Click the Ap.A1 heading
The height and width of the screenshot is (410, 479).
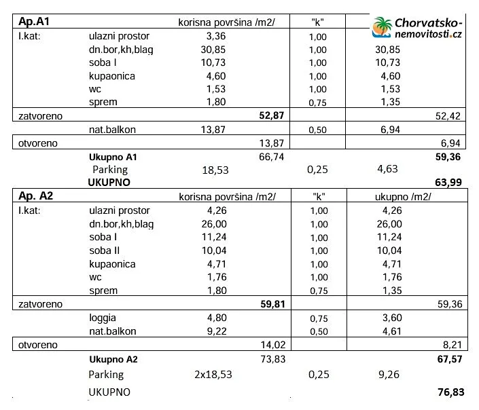point(33,22)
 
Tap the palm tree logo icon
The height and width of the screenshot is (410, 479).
point(382,27)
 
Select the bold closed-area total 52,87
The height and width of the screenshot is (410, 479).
point(272,115)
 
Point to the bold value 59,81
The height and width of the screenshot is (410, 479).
point(272,303)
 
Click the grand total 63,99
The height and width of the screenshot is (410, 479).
point(448,182)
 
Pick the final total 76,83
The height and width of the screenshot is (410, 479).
point(448,392)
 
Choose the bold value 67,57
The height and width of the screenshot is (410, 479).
point(448,358)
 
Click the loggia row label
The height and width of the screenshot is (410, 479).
point(103,317)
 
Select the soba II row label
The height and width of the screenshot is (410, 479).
point(104,250)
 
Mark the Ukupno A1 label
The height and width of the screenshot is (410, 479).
point(113,156)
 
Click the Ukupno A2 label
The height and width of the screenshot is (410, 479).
point(113,359)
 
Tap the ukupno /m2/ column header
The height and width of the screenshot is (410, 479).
point(404,197)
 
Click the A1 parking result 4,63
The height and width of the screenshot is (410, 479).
point(387,169)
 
